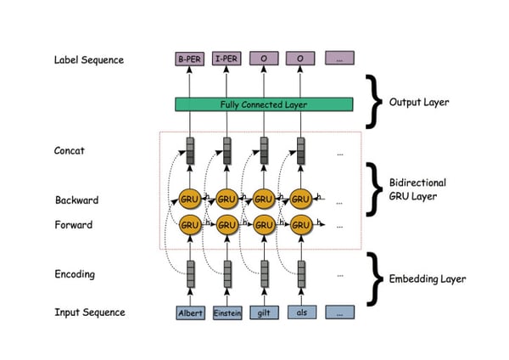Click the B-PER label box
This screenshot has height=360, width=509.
(x=189, y=59)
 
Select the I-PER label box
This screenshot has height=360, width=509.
(x=227, y=59)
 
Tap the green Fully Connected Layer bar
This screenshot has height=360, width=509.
(x=263, y=104)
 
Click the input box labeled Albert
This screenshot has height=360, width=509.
(x=190, y=312)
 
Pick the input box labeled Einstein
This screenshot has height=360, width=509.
(x=227, y=312)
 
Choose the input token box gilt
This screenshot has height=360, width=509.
(x=264, y=312)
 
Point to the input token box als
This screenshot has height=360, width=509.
(x=301, y=312)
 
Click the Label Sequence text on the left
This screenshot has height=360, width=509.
(x=89, y=60)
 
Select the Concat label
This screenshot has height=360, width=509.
(x=69, y=151)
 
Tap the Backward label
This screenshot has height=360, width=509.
(x=76, y=200)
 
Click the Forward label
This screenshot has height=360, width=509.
(x=74, y=225)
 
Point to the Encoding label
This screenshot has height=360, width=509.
(x=75, y=274)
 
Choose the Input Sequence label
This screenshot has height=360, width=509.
(x=89, y=312)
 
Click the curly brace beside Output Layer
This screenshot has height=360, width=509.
(x=374, y=100)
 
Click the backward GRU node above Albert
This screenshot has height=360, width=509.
(x=189, y=200)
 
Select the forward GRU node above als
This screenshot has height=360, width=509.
(x=301, y=225)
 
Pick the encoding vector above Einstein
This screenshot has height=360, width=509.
(x=227, y=273)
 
